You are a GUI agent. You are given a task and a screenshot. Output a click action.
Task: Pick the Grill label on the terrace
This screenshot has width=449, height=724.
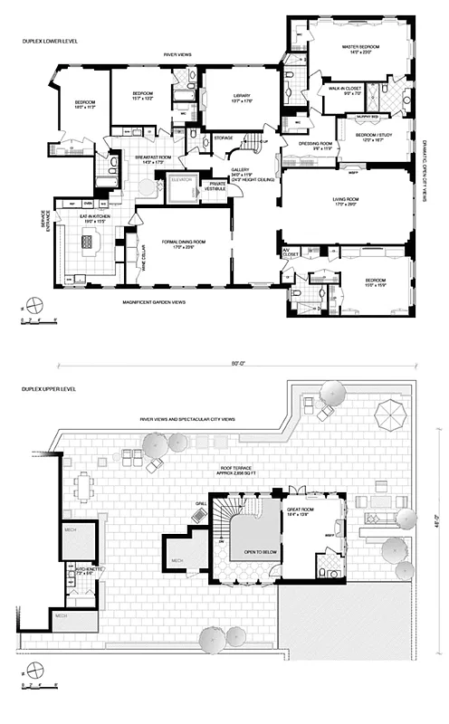point(201,503)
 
